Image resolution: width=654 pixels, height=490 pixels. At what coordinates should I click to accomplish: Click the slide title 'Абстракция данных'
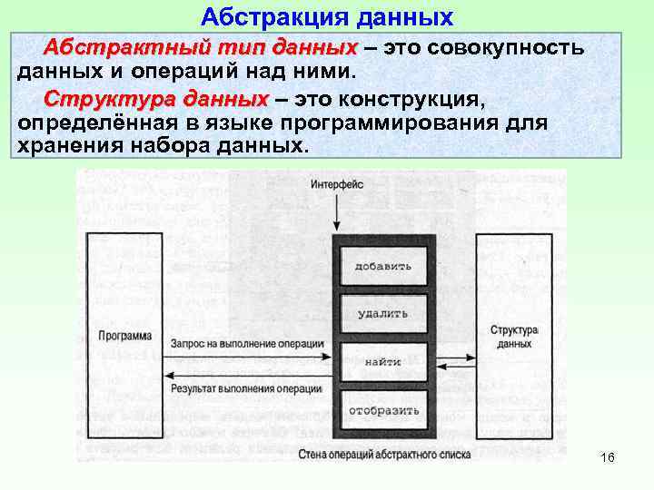(326, 16)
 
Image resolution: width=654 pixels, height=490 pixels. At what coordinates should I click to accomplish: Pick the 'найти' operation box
(383, 362)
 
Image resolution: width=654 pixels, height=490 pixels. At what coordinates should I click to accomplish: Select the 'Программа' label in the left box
(125, 337)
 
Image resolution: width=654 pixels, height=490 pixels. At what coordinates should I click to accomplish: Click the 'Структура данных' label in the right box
(514, 338)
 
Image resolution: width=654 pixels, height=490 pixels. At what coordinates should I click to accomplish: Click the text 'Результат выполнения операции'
(246, 388)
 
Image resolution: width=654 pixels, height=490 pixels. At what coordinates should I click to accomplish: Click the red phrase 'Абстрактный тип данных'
(201, 47)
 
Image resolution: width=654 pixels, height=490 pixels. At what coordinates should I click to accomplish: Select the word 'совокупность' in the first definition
(515, 47)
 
